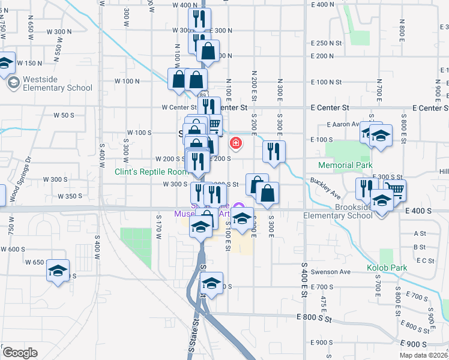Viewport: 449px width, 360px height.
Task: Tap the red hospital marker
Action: [236, 143]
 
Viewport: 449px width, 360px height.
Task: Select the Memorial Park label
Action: [345, 165]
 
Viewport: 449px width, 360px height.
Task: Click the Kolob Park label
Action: [387, 268]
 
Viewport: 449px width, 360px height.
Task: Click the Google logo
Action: [20, 353]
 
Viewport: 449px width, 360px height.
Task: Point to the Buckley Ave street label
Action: [325, 188]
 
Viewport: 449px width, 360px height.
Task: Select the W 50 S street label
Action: [63, 114]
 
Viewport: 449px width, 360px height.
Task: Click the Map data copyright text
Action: [424, 355]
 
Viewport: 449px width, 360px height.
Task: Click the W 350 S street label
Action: [70, 196]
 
